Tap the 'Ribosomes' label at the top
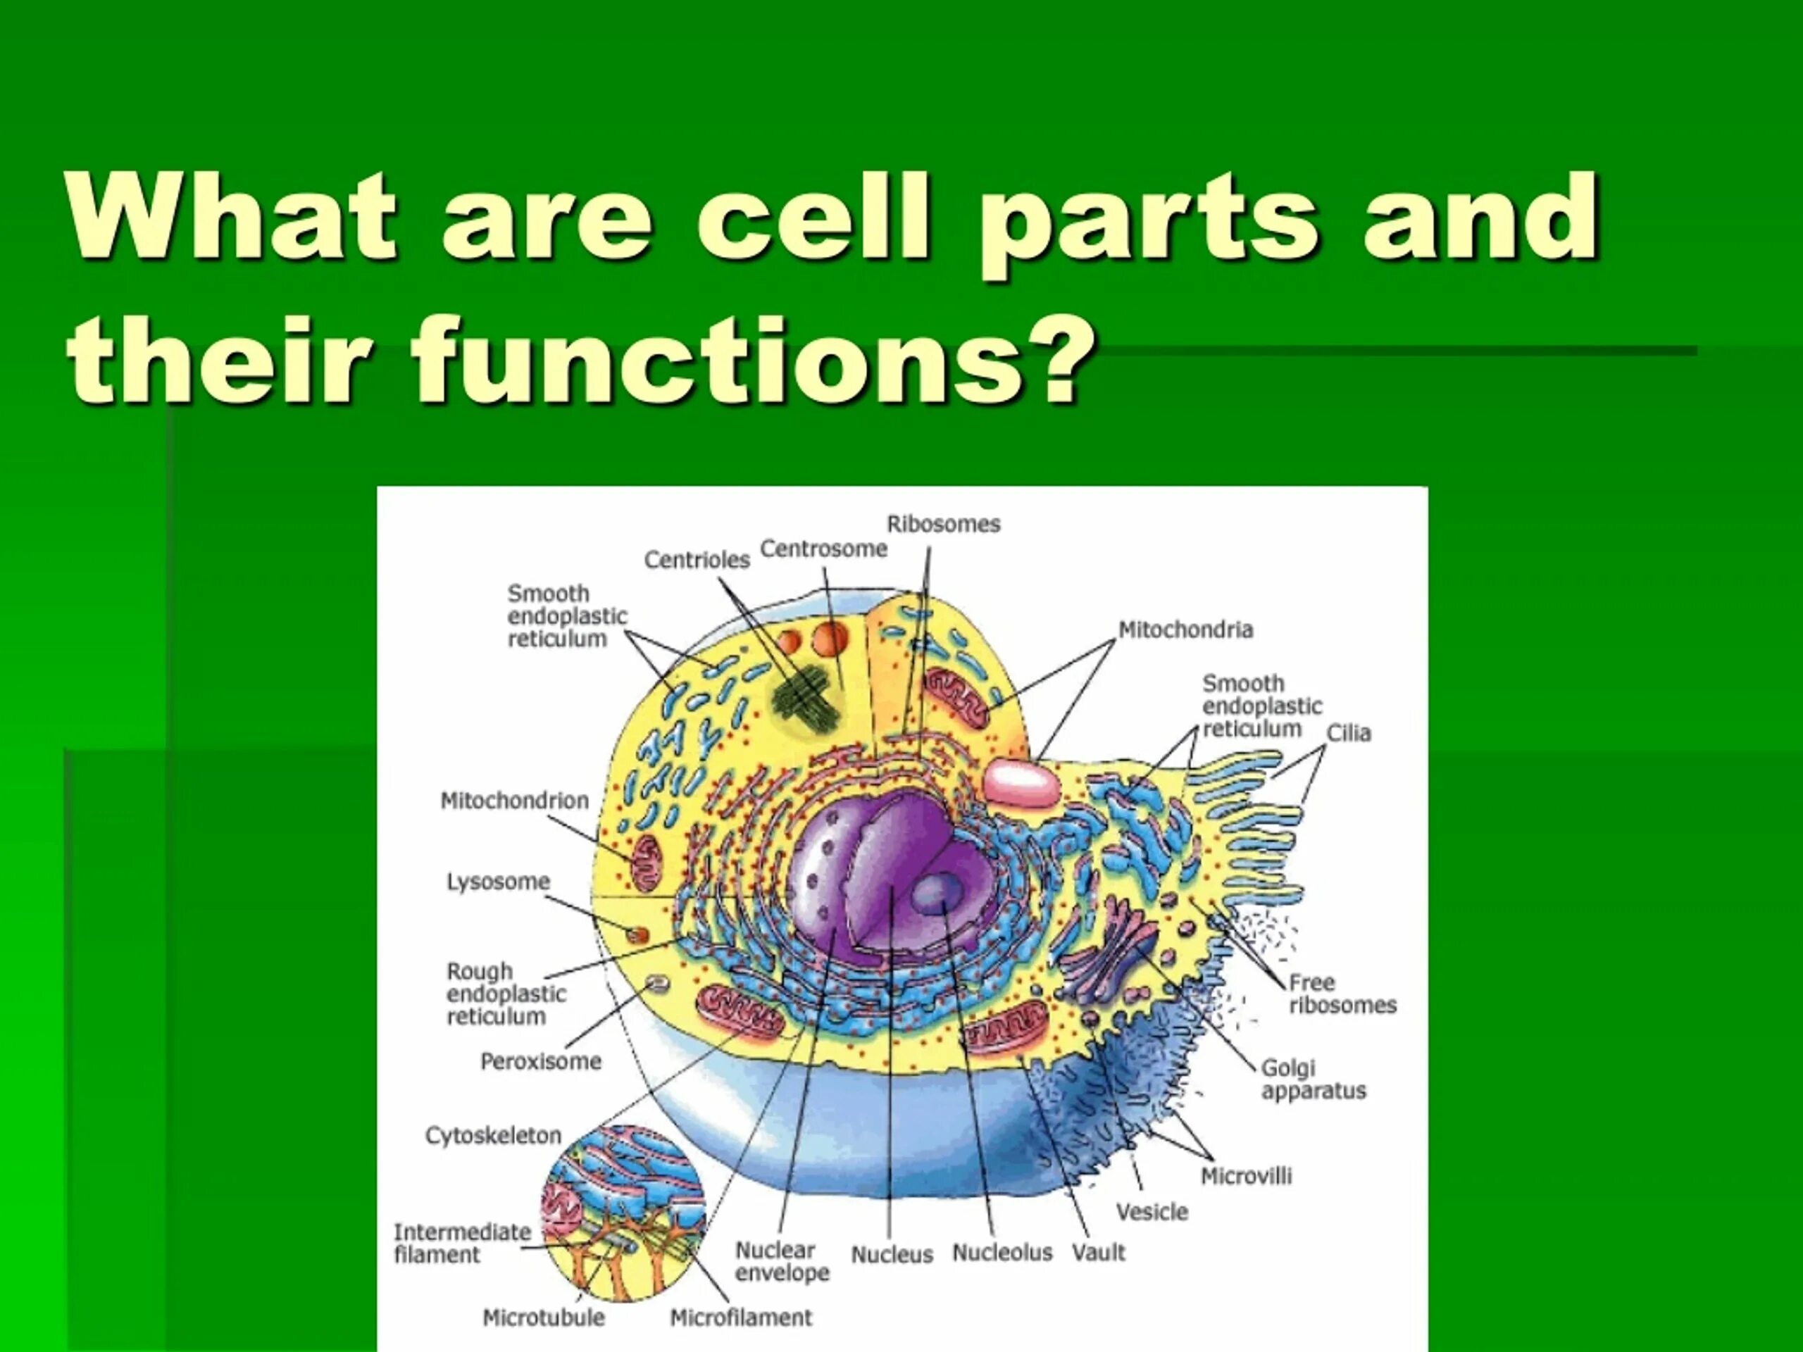(943, 524)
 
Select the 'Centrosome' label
(823, 549)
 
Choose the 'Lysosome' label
(498, 882)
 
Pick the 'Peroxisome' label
(540, 1062)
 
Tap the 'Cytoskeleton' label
(493, 1136)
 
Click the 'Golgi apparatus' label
(1312, 1079)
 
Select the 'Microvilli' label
(1247, 1176)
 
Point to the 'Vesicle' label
(1152, 1212)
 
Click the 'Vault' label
(1098, 1253)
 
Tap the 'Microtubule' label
(544, 1317)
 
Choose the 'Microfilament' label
(741, 1317)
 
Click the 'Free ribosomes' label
(1342, 994)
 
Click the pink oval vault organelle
(1022, 782)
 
